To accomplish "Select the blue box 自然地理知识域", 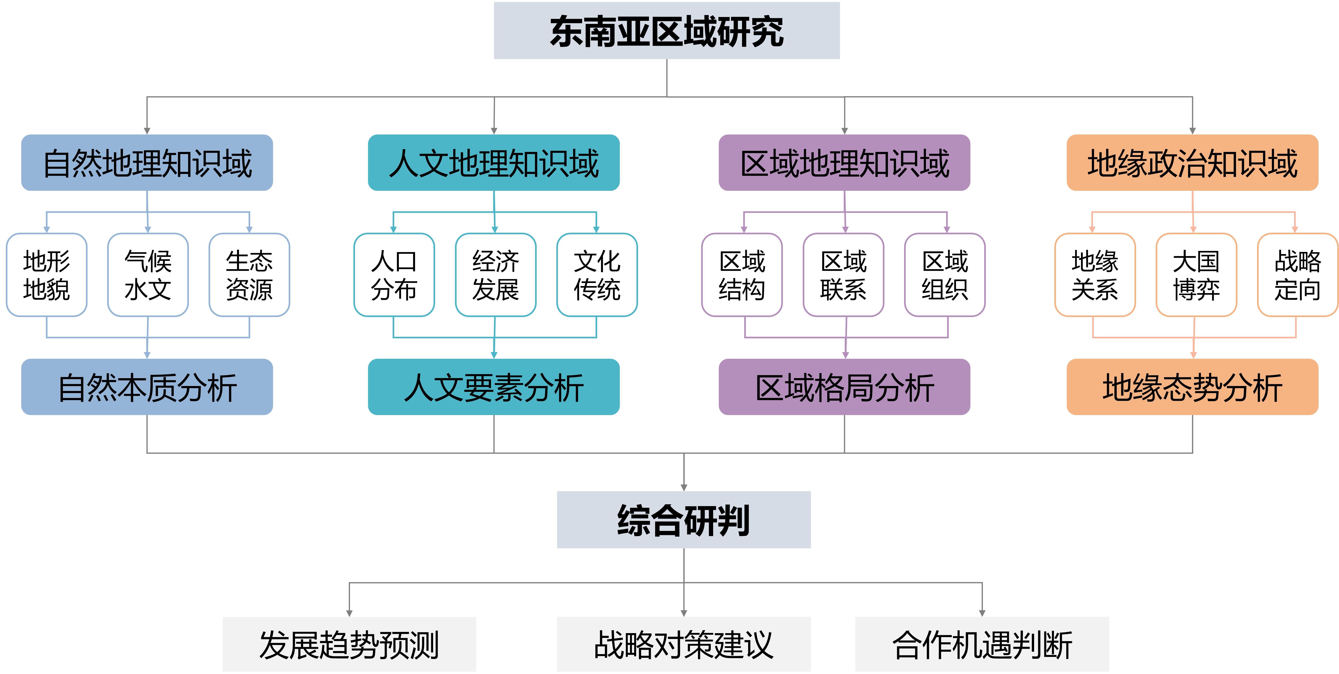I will click(x=147, y=163).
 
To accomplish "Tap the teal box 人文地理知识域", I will click(x=494, y=163).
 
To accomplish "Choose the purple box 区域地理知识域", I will click(x=844, y=163).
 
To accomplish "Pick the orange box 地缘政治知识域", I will click(x=1192, y=163).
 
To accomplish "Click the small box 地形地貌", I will click(x=47, y=275).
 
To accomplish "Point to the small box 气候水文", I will click(x=148, y=275).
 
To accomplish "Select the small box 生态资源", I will click(x=249, y=275).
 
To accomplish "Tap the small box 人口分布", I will click(x=394, y=275).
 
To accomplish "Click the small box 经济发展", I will click(x=495, y=275).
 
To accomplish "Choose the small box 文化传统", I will click(x=597, y=275).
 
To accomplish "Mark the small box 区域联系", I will click(x=843, y=275).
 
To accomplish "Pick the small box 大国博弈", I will click(x=1196, y=275).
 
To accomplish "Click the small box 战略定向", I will click(x=1297, y=275).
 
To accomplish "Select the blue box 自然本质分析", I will click(x=147, y=387).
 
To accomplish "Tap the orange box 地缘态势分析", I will click(x=1192, y=387).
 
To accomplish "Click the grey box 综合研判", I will click(x=684, y=519).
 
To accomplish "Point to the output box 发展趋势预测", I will click(x=349, y=644).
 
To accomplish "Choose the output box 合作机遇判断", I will click(x=982, y=644).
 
